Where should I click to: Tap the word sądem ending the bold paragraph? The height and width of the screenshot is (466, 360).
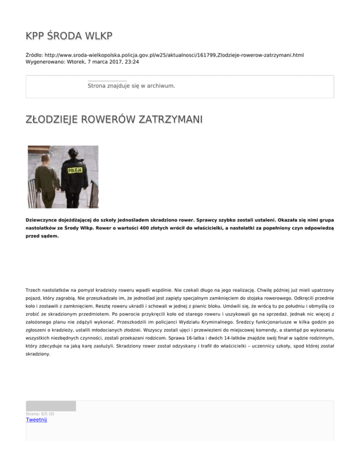coord(50,237)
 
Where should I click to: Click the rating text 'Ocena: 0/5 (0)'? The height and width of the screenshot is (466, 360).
coord(40,413)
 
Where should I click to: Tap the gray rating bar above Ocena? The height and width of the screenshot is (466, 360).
coord(51,406)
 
